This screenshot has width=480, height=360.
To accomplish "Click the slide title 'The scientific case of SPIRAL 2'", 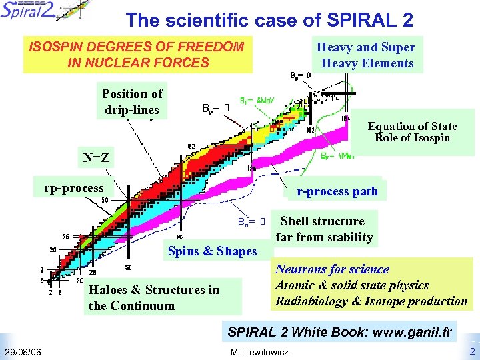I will click(269, 20).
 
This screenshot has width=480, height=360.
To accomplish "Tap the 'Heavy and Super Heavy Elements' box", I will click(366, 55).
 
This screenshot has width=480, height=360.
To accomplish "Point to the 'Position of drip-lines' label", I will click(132, 101).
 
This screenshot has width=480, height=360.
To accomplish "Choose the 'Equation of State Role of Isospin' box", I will click(412, 131).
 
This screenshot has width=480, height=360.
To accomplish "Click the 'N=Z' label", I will click(96, 159).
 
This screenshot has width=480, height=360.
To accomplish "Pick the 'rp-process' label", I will click(74, 188).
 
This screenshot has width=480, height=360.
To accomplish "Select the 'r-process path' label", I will click(337, 191).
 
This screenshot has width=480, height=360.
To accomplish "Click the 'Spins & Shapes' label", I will click(212, 251).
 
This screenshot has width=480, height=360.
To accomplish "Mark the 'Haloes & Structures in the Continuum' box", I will click(154, 298).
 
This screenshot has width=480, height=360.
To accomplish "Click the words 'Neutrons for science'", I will click(332, 269).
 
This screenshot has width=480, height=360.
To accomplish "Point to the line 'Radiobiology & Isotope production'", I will click(371, 301).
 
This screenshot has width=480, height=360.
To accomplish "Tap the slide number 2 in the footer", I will click(472, 351).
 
